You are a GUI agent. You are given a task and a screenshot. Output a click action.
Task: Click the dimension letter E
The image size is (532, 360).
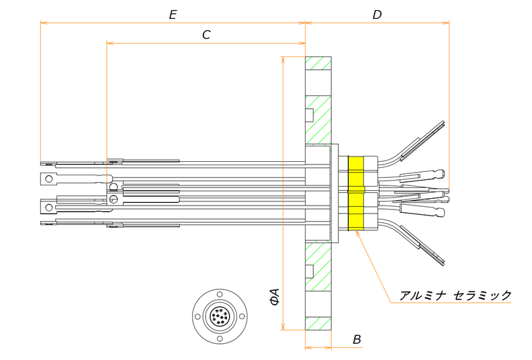tap(173, 15)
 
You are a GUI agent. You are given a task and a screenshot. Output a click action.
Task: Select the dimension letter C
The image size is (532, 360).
tap(206, 35)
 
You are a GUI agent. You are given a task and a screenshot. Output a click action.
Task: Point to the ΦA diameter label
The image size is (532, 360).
tap(274, 297)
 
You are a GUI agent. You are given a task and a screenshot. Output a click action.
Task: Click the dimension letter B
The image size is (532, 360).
tap(357, 339)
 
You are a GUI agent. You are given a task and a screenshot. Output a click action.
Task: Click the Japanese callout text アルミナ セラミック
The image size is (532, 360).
tap(455, 296)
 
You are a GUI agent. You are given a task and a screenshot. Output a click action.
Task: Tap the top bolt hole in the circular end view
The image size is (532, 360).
tap(219, 298)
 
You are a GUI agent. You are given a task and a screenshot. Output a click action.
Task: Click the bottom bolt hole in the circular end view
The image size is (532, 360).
tap(219, 336)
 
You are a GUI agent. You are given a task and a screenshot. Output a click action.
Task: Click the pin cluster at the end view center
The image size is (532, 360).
tap(219, 317)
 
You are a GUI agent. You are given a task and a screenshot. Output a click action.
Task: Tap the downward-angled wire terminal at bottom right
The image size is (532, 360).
tap(425, 246)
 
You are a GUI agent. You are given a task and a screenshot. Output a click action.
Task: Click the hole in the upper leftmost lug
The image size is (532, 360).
tap(46, 179)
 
